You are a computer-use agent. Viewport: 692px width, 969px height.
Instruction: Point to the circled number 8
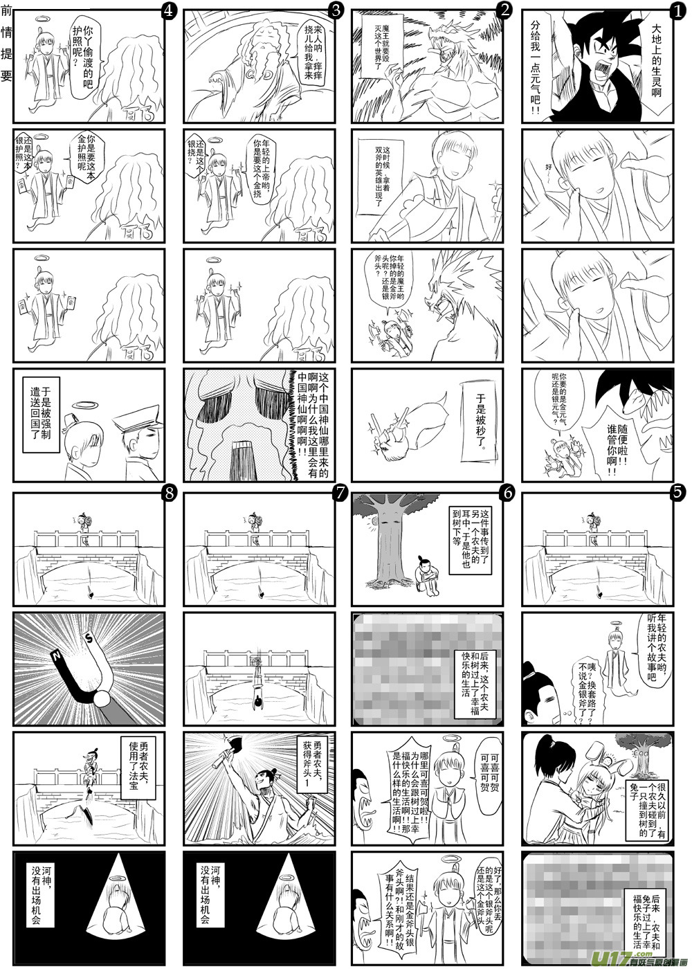tap(168, 493)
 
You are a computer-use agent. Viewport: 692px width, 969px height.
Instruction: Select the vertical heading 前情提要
tap(6, 42)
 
